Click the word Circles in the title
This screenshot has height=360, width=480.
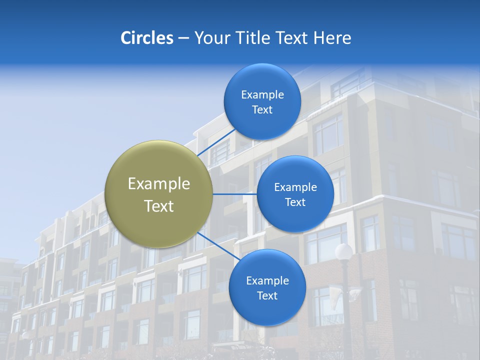tap(147, 37)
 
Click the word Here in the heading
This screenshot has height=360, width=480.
tap(332, 37)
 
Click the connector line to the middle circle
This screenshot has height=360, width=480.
tap(234, 194)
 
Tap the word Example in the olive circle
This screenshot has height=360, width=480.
tap(159, 184)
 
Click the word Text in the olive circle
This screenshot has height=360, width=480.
tap(159, 206)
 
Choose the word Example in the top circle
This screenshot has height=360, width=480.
tap(262, 95)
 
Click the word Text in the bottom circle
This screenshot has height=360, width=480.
tap(267, 295)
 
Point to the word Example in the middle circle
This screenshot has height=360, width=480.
tap(295, 187)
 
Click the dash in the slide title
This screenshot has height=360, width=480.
tap(183, 38)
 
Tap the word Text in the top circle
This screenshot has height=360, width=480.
tap(262, 109)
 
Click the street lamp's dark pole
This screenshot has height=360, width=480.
tap(345, 310)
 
